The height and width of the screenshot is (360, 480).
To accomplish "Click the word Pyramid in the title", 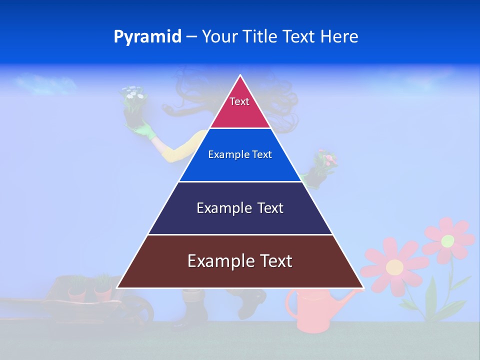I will click(x=147, y=37).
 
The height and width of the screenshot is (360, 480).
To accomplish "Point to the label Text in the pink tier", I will click(x=239, y=101).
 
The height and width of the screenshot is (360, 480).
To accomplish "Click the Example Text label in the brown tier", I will click(x=240, y=261).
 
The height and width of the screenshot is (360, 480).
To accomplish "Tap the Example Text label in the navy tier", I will click(x=240, y=208).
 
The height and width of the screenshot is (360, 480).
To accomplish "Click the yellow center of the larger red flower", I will click(x=394, y=267).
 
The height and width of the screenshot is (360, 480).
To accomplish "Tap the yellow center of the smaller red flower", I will click(x=447, y=240).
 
